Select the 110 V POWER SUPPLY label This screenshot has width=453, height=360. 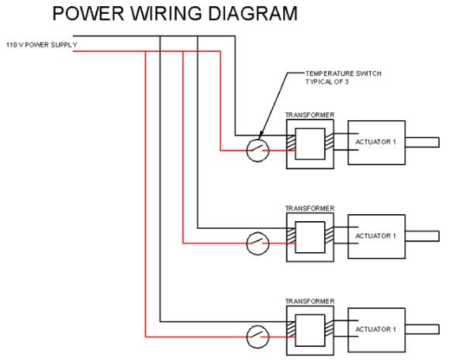click(x=42, y=45)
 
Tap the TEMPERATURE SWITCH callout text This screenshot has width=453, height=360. click(x=344, y=74)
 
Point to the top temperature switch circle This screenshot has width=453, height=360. click(x=258, y=140)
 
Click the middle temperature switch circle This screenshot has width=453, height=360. click(x=258, y=233)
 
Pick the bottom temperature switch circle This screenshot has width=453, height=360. click(x=258, y=326)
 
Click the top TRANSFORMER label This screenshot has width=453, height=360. click(x=309, y=115)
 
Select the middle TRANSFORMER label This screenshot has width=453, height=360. click(x=309, y=208)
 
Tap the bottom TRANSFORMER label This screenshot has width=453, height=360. click(x=309, y=301)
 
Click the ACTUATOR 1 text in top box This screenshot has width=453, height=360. click(x=375, y=142)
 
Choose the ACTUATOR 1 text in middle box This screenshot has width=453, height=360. click(x=375, y=236)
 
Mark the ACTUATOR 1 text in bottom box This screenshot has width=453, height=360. click(x=375, y=329)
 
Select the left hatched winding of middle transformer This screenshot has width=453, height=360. click(x=291, y=235)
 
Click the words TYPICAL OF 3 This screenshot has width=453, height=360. click(x=327, y=81)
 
